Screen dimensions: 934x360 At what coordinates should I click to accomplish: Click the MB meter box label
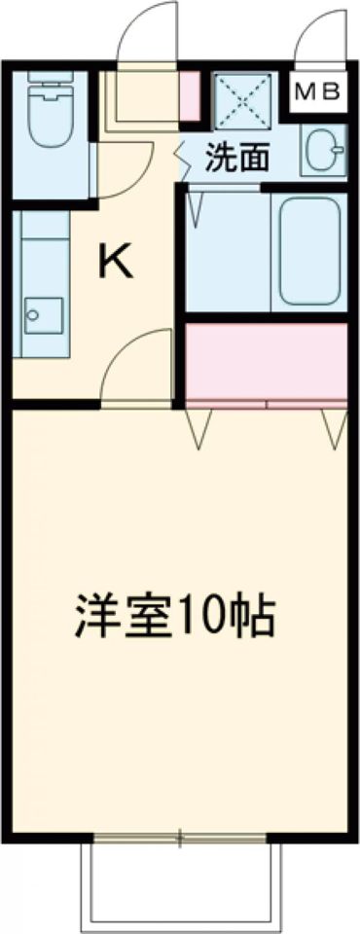tap(317, 92)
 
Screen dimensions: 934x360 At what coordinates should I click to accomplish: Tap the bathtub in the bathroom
tap(309, 251)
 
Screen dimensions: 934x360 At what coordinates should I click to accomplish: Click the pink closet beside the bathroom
tap(265, 360)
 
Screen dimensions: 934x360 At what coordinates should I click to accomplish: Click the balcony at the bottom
tap(180, 885)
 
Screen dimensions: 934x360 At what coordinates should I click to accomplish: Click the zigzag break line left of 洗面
tap(180, 156)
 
